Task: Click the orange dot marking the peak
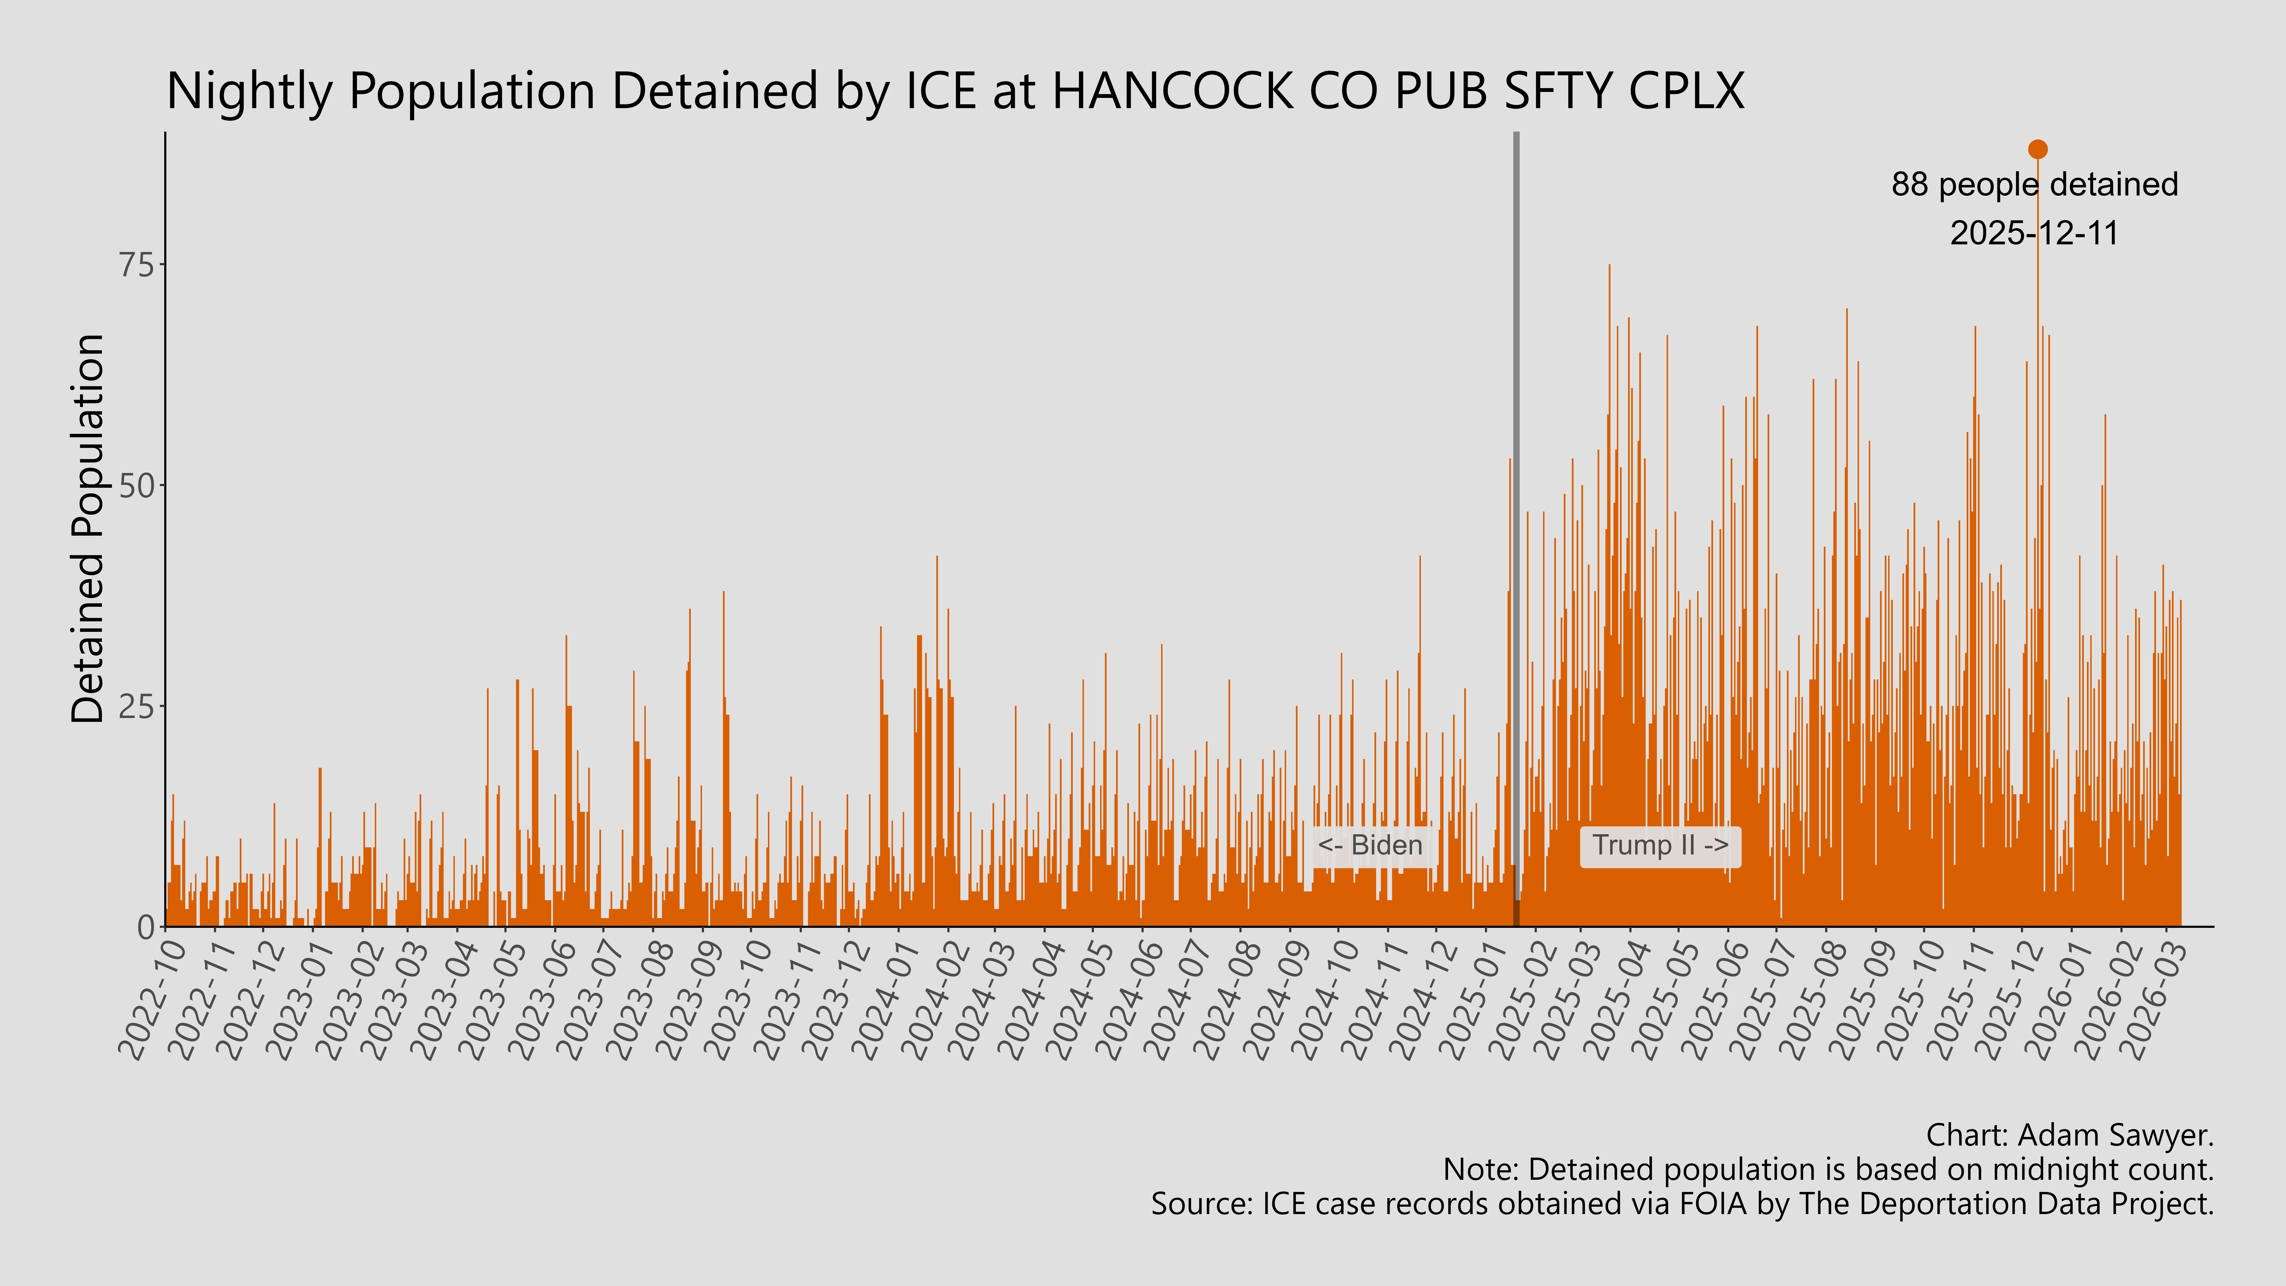[2038, 149]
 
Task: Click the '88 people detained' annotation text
[2034, 185]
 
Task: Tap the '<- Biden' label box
[1370, 845]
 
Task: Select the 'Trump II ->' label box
[1659, 845]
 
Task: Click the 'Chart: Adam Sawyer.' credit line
[2070, 1135]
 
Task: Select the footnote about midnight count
[1828, 1170]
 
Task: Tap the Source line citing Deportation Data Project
[1682, 1204]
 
